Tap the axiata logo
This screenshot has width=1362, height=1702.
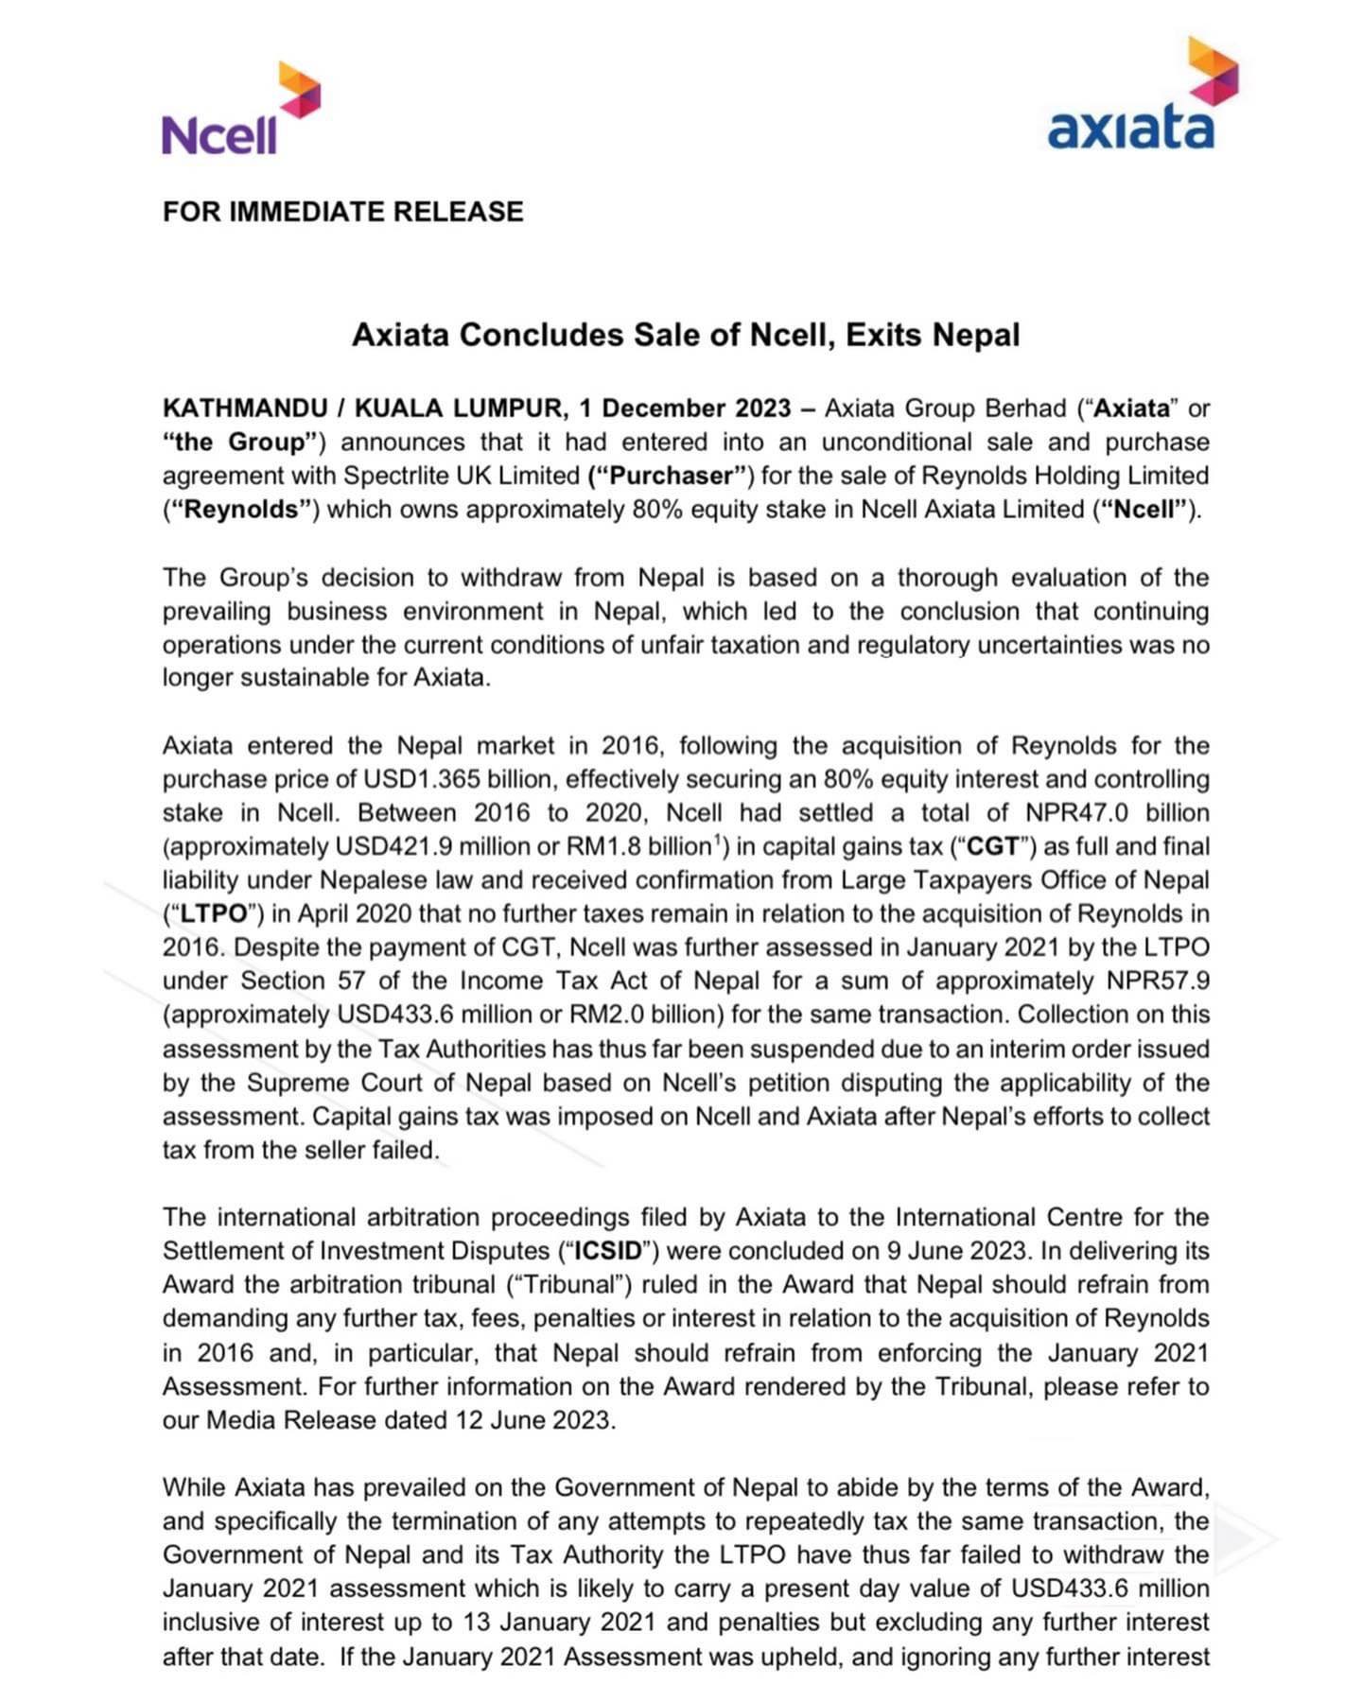point(1139,100)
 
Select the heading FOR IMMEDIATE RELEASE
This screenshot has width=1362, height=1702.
point(342,211)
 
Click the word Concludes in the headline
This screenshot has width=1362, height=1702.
point(541,335)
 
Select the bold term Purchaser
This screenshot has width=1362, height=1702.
point(672,476)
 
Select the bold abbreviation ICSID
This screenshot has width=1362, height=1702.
point(607,1251)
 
